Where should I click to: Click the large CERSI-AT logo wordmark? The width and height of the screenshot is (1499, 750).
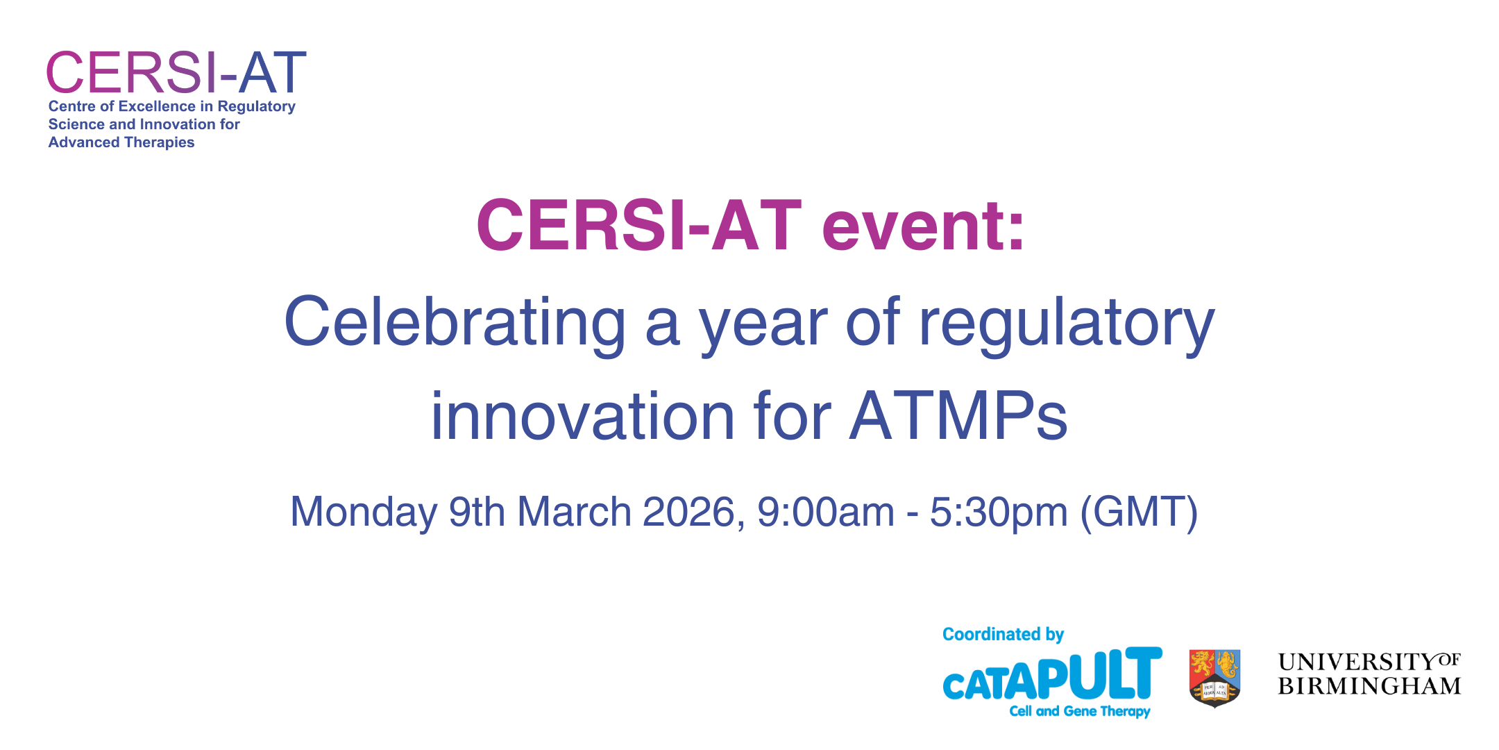(176, 72)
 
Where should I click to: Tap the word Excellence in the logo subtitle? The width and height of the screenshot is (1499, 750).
(157, 106)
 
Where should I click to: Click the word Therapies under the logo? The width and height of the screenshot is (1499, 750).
(160, 142)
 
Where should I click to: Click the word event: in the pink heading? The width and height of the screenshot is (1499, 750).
(923, 226)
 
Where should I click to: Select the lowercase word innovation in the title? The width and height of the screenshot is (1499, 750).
(583, 416)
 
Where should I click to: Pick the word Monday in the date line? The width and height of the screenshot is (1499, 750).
(364, 513)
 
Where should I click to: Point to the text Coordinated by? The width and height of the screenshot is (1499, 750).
(1003, 635)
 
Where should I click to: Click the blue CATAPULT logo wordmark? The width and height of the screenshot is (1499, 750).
(1052, 674)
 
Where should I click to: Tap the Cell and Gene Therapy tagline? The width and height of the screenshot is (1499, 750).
(1080, 711)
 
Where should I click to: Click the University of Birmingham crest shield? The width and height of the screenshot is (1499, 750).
(1214, 678)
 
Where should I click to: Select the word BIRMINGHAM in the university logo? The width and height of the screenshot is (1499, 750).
(1370, 686)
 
